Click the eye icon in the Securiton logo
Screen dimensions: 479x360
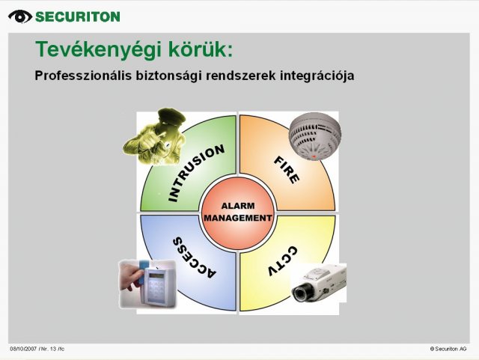point(20,16)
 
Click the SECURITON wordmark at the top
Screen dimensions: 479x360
point(78,16)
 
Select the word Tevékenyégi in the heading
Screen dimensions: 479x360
point(98,49)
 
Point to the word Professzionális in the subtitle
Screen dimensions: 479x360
point(84,76)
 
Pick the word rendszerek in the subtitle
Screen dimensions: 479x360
point(241,76)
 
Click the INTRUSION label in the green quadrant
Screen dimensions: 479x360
point(196,172)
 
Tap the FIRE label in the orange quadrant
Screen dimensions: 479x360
point(286,170)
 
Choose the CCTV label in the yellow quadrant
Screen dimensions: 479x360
point(283,260)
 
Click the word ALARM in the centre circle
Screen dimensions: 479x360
point(238,206)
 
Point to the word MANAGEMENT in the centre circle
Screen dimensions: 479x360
point(238,218)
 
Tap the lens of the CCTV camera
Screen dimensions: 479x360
point(299,293)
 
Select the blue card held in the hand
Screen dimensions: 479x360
point(143,272)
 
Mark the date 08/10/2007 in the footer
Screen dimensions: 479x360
point(23,349)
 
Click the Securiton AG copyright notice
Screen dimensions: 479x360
point(448,349)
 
